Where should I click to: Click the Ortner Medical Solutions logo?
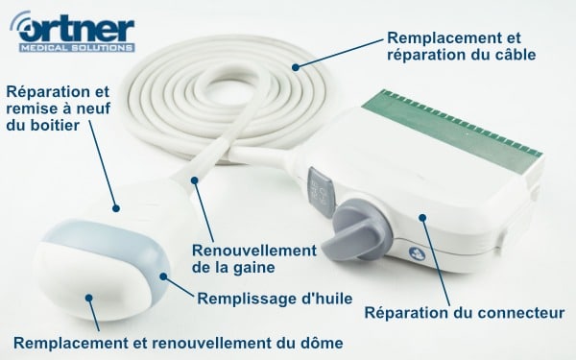(73, 32)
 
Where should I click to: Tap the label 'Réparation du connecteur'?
(465, 313)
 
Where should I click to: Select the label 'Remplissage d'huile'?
(275, 299)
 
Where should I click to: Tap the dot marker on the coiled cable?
(296, 67)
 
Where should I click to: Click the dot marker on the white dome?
(89, 298)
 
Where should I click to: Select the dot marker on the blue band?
(163, 276)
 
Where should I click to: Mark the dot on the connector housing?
(422, 218)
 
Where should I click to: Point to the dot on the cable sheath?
(194, 180)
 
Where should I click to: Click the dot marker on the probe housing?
(116, 208)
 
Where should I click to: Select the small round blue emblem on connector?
(418, 253)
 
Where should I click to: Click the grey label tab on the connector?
(320, 192)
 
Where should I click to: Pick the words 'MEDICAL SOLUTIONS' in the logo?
(77, 48)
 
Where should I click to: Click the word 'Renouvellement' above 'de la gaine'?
(254, 251)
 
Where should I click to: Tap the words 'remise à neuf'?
(59, 108)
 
